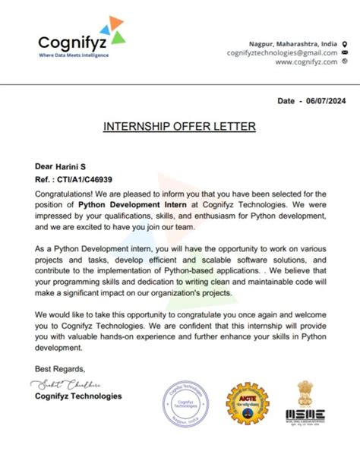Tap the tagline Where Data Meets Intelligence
(74, 55)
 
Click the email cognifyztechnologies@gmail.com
(282, 53)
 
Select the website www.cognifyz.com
(306, 62)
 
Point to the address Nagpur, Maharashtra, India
(292, 43)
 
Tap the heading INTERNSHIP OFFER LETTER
(179, 126)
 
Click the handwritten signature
(68, 384)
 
